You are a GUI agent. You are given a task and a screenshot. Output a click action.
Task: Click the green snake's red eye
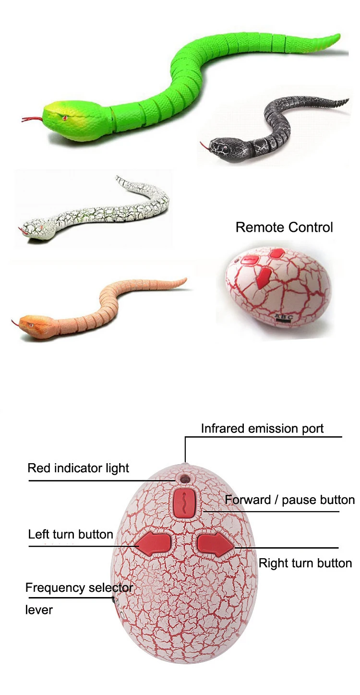64,117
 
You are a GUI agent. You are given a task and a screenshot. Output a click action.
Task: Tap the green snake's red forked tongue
32,119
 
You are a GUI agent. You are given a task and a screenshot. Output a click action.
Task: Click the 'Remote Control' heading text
284,227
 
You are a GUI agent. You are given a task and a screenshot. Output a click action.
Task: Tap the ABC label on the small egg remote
284,317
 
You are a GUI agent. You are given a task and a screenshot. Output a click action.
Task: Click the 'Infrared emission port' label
262,428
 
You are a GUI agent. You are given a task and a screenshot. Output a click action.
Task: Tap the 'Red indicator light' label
78,468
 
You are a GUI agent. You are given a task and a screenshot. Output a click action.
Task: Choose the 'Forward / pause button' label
289,500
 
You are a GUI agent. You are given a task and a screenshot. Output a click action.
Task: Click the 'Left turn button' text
71,534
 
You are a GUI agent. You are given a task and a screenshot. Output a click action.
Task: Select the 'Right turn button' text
305,563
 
